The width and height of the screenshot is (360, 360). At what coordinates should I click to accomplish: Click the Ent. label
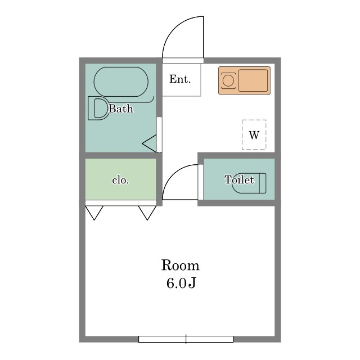tap(180, 79)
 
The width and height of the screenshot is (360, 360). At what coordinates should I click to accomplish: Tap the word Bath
tap(121, 109)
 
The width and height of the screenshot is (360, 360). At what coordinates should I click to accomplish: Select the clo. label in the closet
tap(120, 180)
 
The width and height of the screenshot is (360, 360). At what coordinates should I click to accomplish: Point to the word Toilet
tap(240, 179)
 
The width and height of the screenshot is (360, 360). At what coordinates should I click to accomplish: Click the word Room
tap(180, 265)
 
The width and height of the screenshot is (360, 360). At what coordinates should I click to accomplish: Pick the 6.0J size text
tap(181, 283)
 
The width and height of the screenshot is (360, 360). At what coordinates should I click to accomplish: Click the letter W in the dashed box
tap(254, 135)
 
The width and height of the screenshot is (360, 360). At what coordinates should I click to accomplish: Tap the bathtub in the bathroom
tap(121, 82)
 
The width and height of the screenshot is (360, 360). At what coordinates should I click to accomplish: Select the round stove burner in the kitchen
tap(228, 81)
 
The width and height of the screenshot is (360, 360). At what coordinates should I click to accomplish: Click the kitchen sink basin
tap(253, 80)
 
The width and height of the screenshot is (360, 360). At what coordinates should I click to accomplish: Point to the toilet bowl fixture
tap(249, 183)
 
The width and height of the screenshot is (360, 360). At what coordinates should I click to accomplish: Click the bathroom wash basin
tap(99, 109)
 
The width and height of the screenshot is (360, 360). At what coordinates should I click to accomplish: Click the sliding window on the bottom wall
tap(186, 339)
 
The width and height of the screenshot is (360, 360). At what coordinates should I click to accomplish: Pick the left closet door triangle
tap(94, 213)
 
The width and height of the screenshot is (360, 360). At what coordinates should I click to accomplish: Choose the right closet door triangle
tap(147, 213)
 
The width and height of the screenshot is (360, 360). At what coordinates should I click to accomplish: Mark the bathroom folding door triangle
tap(150, 143)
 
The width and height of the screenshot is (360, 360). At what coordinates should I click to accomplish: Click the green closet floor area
tap(121, 179)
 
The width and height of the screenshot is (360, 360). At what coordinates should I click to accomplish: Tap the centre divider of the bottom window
tap(186, 339)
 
